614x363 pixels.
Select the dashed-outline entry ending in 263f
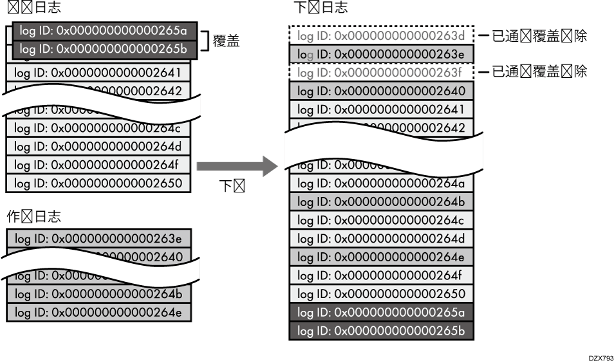(x=381, y=72)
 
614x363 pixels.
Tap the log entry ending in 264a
(x=381, y=183)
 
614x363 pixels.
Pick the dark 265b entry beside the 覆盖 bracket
(x=103, y=49)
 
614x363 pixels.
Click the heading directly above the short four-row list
(x=33, y=216)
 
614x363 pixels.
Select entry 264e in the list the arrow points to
(x=381, y=257)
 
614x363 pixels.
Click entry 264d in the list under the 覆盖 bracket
(x=98, y=147)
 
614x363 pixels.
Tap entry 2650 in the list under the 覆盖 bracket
(x=98, y=183)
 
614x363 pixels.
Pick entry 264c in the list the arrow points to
(x=381, y=219)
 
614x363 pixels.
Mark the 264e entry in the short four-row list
(x=98, y=312)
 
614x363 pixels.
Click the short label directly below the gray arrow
(x=230, y=187)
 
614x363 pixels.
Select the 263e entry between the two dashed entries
(x=381, y=53)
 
